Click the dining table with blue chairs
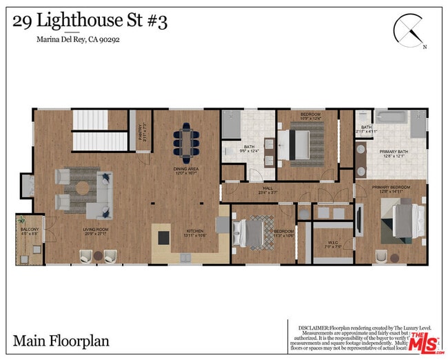click(x=185, y=141)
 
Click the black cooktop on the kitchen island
click(x=164, y=238)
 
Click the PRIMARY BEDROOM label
click(x=391, y=188)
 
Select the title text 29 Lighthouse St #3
click(x=90, y=21)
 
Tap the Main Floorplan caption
click(x=61, y=341)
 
